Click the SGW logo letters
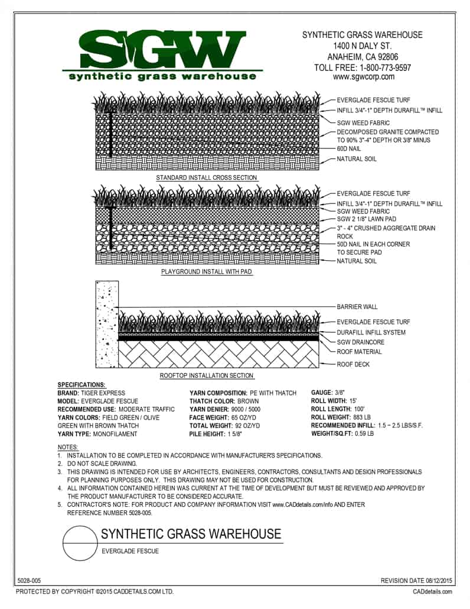coord(159,49)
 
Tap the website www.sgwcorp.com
coord(363,77)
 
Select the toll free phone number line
coord(363,67)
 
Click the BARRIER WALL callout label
coord(357,307)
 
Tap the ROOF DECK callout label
coord(353,364)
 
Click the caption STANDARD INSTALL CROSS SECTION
coord(206,177)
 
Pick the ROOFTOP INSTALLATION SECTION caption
coord(207,375)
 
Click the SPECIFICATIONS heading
coord(81,384)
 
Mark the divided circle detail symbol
coord(80,543)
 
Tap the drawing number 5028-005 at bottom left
coord(29,582)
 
